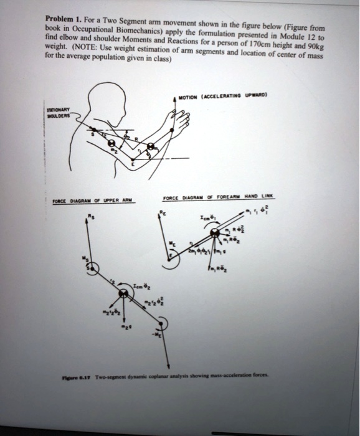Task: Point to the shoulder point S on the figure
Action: pyautogui.click(x=95, y=132)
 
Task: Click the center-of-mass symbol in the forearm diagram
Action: pyautogui.click(x=214, y=232)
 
